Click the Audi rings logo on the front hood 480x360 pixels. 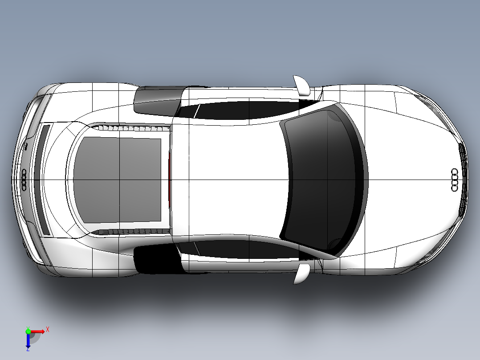455,180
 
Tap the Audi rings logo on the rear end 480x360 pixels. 24,180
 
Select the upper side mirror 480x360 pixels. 301,86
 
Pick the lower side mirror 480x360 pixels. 301,274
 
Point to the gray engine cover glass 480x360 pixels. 117,180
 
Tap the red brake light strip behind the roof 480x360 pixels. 169,180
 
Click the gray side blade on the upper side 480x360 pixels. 158,101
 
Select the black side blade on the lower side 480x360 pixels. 158,259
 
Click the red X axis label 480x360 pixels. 48,330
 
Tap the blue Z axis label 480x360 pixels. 28,349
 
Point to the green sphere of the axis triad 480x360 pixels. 28,331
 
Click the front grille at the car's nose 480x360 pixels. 463,180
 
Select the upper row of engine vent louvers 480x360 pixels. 132,127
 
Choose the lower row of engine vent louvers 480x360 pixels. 132,232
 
